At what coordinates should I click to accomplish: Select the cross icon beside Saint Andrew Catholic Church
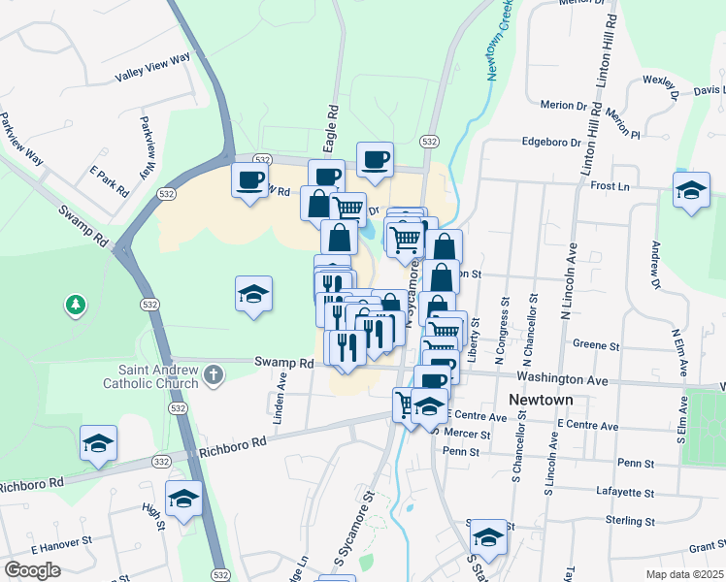pyautogui.click(x=212, y=375)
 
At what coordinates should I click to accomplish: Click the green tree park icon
pyautogui.click(x=75, y=307)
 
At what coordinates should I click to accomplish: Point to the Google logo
pyautogui.click(x=32, y=569)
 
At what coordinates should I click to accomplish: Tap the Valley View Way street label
pyautogui.click(x=152, y=66)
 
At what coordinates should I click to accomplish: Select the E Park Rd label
pyautogui.click(x=110, y=181)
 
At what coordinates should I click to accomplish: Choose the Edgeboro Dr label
pyautogui.click(x=550, y=141)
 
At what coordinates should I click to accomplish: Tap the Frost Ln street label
pyautogui.click(x=610, y=185)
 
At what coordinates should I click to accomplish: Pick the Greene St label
pyautogui.click(x=596, y=344)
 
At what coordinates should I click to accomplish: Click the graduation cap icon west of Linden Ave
pyautogui.click(x=253, y=293)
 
